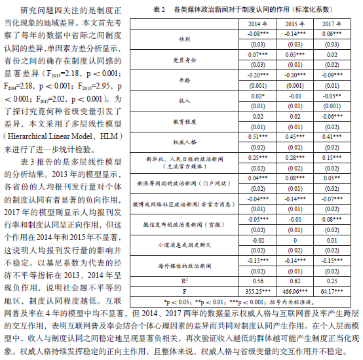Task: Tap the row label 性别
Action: [x=185, y=39]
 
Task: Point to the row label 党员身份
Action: [x=185, y=60]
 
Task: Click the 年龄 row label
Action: [x=185, y=81]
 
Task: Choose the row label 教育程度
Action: [x=185, y=122]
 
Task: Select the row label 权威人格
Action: [x=185, y=142]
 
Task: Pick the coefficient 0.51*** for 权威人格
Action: [x=257, y=138]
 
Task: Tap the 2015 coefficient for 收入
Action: [x=295, y=96]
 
